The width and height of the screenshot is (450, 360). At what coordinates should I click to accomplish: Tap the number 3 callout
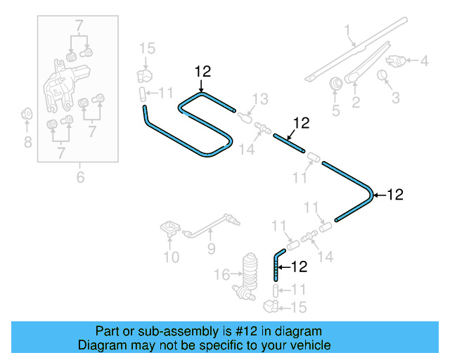pyautogui.click(x=395, y=98)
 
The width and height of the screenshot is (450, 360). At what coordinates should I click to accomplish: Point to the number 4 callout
pyautogui.click(x=424, y=61)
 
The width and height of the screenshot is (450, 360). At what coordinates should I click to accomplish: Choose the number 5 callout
pyautogui.click(x=335, y=110)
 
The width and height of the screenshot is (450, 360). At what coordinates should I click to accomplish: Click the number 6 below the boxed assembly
pyautogui.click(x=80, y=177)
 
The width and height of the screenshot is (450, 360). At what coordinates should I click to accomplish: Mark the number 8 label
pyautogui.click(x=27, y=143)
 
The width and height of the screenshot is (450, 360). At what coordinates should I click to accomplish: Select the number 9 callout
pyautogui.click(x=210, y=249)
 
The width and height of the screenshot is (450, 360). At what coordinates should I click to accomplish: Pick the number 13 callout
pyautogui.click(x=260, y=98)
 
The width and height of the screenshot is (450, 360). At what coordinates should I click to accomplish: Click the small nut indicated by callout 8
pyautogui.click(x=27, y=113)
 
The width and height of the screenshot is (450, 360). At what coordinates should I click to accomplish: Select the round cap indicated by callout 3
pyautogui.click(x=384, y=75)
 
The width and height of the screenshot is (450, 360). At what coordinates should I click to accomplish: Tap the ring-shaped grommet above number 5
pyautogui.click(x=336, y=83)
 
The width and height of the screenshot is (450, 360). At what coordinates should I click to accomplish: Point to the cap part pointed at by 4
pyautogui.click(x=399, y=61)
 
